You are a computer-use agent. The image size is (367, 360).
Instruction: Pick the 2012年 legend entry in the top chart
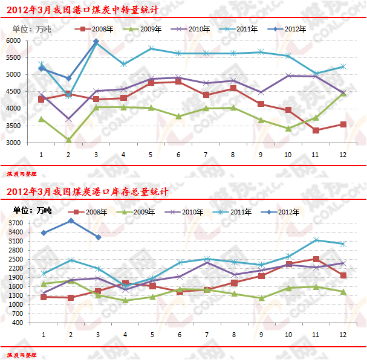pyautogui.click(x=290, y=28)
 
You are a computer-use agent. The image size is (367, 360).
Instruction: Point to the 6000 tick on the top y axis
pyautogui.click(x=13, y=40)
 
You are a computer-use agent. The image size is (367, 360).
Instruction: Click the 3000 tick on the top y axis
pyautogui.click(x=13, y=143)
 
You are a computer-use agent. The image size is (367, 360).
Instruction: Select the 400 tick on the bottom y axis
pyautogui.click(x=18, y=323)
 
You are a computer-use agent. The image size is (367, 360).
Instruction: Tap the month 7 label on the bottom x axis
pyautogui.click(x=205, y=334)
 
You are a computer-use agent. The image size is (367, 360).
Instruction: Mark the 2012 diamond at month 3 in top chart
pyautogui.click(x=96, y=41)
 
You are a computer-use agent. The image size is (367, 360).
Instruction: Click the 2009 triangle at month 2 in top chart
pyautogui.click(x=68, y=140)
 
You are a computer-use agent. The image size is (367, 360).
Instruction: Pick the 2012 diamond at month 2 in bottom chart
pyautogui.click(x=71, y=221)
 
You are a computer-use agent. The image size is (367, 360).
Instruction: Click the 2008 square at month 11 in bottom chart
pyautogui.click(x=316, y=259)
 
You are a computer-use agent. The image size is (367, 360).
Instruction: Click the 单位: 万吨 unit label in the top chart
pyautogui.click(x=32, y=28)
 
